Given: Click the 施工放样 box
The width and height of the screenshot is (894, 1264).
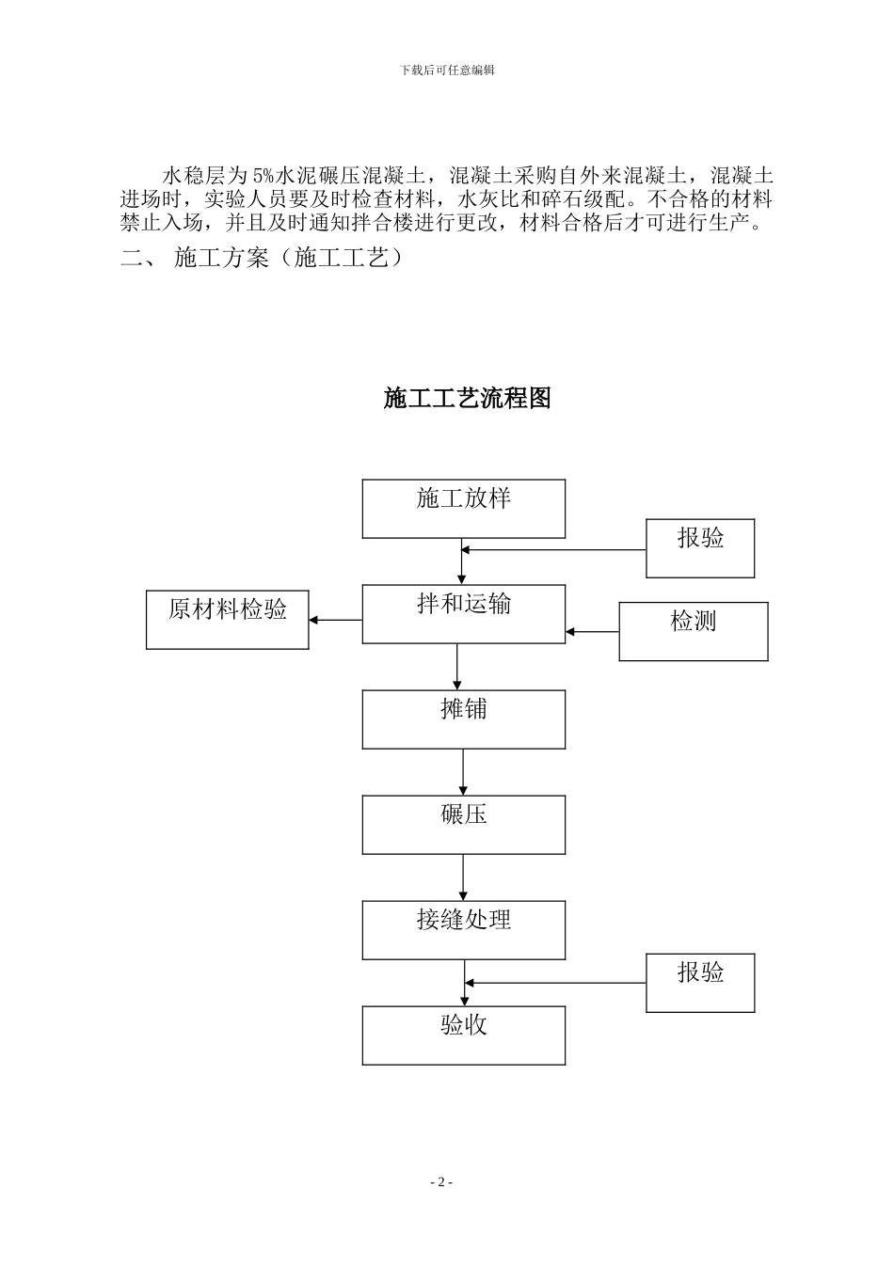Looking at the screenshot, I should pyautogui.click(x=464, y=509).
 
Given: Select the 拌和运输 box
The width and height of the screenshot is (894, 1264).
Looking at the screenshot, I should pyautogui.click(x=464, y=614).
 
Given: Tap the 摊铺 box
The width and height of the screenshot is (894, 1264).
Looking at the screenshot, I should pyautogui.click(x=464, y=719).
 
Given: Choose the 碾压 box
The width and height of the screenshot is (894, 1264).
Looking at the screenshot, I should pyautogui.click(x=464, y=825).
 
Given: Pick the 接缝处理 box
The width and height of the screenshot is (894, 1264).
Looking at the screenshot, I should pyautogui.click(x=464, y=930).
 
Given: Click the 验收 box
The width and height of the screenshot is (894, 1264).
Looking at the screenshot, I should pyautogui.click(x=464, y=1035).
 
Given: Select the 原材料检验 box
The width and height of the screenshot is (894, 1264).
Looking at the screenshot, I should pyautogui.click(x=228, y=620).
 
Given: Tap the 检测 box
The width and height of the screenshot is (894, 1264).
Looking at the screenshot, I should pyautogui.click(x=694, y=631).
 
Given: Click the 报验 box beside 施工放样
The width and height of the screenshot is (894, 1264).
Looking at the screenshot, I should pyautogui.click(x=700, y=548).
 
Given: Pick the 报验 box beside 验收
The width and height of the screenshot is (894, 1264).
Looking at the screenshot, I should pyautogui.click(x=700, y=983).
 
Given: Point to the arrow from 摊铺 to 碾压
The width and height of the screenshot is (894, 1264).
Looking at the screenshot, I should pyautogui.click(x=463, y=772).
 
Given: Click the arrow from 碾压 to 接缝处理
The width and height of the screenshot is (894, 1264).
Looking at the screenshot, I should pyautogui.click(x=463, y=877).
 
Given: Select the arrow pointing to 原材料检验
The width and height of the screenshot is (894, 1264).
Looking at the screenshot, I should pyautogui.click(x=336, y=620).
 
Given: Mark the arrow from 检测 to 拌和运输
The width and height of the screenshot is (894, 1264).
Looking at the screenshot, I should pyautogui.click(x=592, y=632).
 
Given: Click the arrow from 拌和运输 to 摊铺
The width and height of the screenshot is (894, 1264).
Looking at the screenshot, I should pyautogui.click(x=457, y=667).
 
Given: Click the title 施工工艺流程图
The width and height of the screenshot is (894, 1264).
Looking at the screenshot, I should pyautogui.click(x=467, y=398).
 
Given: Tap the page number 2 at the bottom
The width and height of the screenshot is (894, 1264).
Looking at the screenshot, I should pyautogui.click(x=441, y=1182).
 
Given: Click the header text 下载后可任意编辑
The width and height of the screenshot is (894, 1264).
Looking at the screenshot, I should pyautogui.click(x=447, y=70).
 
